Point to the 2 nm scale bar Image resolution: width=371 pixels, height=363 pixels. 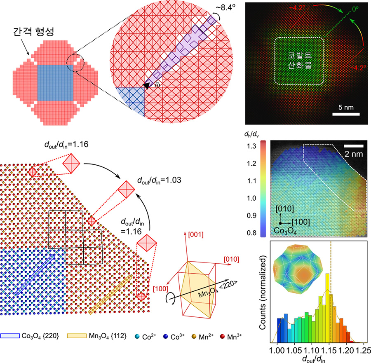click(x=354, y=145)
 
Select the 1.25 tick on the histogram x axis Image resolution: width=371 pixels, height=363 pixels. click(x=361, y=349)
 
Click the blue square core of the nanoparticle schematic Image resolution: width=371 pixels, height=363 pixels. click(x=55, y=82)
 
